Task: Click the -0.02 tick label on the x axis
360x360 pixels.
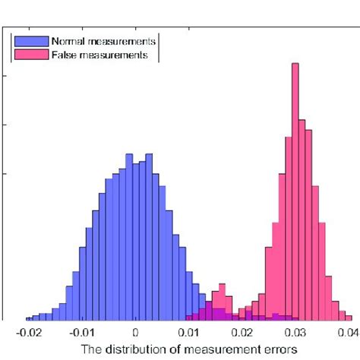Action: (x=27, y=332)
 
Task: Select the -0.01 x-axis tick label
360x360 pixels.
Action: (x=81, y=332)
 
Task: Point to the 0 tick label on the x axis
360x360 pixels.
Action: (x=135, y=332)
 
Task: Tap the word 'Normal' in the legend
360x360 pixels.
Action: (x=68, y=40)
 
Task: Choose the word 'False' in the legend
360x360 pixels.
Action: (x=63, y=55)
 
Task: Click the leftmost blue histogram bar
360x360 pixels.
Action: (x=29, y=318)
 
